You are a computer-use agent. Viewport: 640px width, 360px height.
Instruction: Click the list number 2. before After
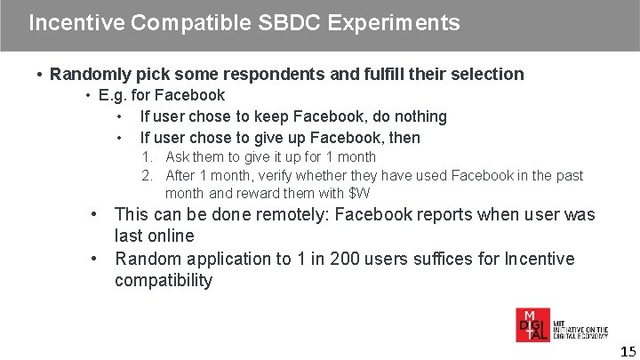pyautogui.click(x=148, y=176)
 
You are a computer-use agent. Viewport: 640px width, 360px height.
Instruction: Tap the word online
pyautogui.click(x=169, y=236)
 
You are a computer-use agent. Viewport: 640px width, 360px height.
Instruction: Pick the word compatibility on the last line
pyautogui.click(x=164, y=281)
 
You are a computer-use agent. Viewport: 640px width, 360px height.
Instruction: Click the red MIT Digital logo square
pyautogui.click(x=533, y=325)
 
